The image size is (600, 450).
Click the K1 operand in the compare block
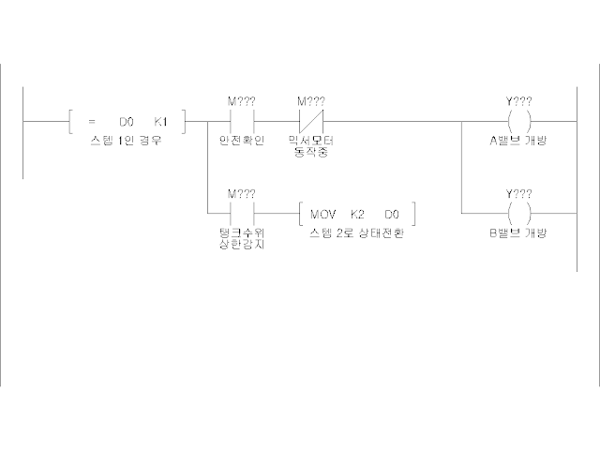(x=160, y=122)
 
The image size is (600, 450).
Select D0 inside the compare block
(x=126, y=122)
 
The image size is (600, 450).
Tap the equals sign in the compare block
(x=92, y=122)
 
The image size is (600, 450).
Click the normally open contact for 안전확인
(x=241, y=122)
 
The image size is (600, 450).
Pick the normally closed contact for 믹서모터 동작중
(x=310, y=122)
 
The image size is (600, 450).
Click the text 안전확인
(x=241, y=140)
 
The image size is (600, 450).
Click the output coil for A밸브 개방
(x=518, y=122)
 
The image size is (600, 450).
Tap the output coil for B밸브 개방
(x=518, y=214)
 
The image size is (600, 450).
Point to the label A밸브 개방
(x=518, y=140)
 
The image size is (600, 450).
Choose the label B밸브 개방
(x=518, y=232)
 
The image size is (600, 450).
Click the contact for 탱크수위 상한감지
(x=241, y=214)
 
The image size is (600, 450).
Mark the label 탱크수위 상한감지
(x=241, y=237)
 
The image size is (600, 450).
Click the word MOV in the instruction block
(x=322, y=214)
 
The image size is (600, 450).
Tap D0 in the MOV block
(x=391, y=214)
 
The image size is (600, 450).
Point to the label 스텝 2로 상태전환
(x=356, y=232)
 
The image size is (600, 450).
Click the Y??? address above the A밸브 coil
(x=518, y=100)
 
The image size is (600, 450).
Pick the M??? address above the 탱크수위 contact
(x=241, y=193)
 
